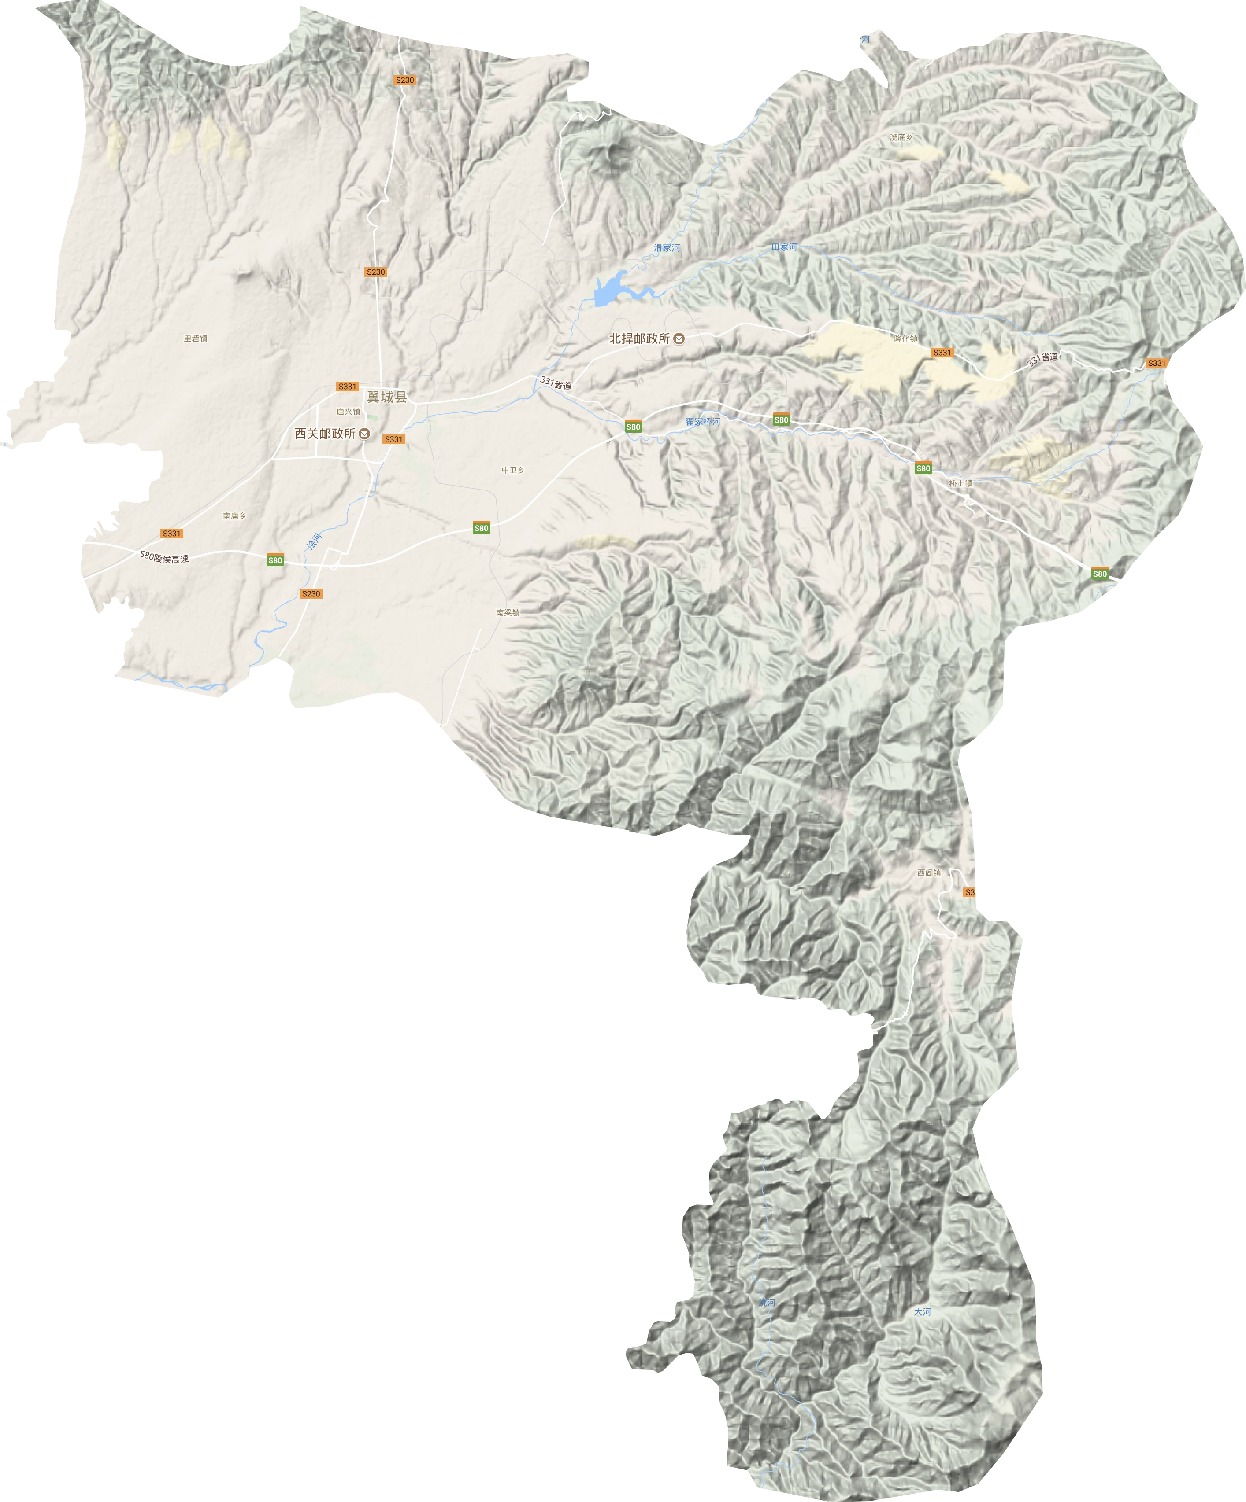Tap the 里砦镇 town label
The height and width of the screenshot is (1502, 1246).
pyautogui.click(x=195, y=339)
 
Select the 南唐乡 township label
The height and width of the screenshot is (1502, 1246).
pyautogui.click(x=234, y=515)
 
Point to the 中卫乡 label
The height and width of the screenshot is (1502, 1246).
pyautogui.click(x=512, y=470)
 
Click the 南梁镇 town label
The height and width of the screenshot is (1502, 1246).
pyautogui.click(x=508, y=612)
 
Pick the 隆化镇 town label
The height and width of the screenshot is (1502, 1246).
pyautogui.click(x=905, y=339)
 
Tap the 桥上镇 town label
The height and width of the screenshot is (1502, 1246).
pyautogui.click(x=961, y=483)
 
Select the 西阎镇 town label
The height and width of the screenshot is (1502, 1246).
pyautogui.click(x=929, y=872)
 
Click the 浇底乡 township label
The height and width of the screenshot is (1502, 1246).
pyautogui.click(x=901, y=136)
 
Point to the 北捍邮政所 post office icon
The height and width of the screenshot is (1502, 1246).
pyautogui.click(x=679, y=339)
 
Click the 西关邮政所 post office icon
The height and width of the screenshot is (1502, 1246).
pyautogui.click(x=364, y=434)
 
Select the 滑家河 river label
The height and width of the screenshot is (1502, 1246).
pyautogui.click(x=667, y=247)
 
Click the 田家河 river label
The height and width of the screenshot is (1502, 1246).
pyautogui.click(x=784, y=247)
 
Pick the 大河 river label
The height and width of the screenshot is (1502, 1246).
pyautogui.click(x=923, y=1312)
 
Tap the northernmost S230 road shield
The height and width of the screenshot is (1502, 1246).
pyautogui.click(x=405, y=80)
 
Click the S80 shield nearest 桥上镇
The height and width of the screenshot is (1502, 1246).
pyautogui.click(x=923, y=468)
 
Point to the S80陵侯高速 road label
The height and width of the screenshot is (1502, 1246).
pyautogui.click(x=165, y=556)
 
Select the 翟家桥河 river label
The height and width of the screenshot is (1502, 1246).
pyautogui.click(x=703, y=422)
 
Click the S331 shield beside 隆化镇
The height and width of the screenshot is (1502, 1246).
pyautogui.click(x=942, y=353)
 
